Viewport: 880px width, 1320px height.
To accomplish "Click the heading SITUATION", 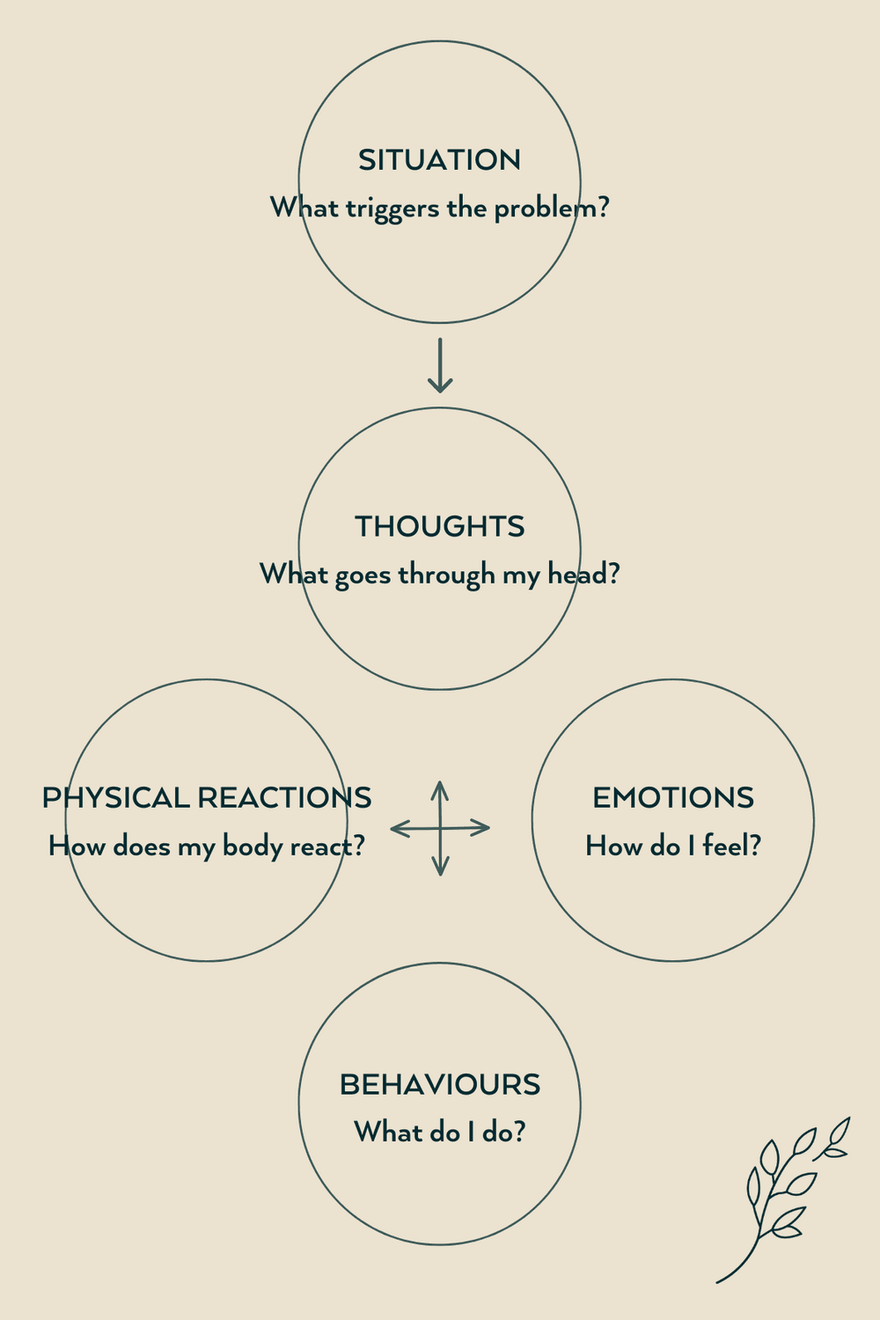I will (x=439, y=160).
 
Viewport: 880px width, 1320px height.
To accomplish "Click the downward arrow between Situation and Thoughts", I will (x=440, y=364).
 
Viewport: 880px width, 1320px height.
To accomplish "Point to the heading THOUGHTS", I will (x=439, y=526).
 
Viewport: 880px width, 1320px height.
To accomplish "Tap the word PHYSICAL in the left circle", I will (x=116, y=798).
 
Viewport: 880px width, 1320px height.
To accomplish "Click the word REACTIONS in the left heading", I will (x=284, y=798).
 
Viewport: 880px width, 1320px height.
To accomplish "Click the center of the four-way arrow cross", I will (x=440, y=827).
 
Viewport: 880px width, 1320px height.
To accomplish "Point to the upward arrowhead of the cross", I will (x=440, y=786).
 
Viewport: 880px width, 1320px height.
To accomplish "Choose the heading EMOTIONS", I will (x=673, y=798).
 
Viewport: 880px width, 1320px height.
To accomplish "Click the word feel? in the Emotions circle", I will (x=731, y=847).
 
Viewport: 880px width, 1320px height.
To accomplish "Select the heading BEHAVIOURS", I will (x=439, y=1085).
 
